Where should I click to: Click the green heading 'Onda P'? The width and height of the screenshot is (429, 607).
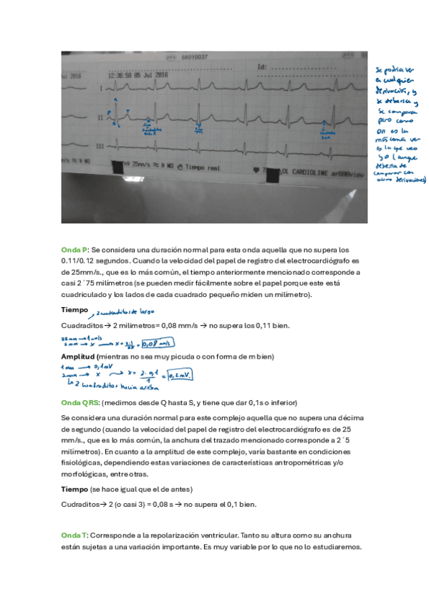[74, 249]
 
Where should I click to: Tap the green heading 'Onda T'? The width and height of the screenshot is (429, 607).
[74, 535]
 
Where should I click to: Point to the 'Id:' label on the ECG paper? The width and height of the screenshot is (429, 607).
[262, 67]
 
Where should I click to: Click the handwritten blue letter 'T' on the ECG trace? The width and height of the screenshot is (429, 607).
[127, 111]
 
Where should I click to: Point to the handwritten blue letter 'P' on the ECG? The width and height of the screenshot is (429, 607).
[110, 113]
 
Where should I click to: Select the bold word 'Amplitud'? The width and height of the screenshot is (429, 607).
[77, 356]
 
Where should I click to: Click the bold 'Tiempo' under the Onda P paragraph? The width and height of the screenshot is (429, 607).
[75, 310]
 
